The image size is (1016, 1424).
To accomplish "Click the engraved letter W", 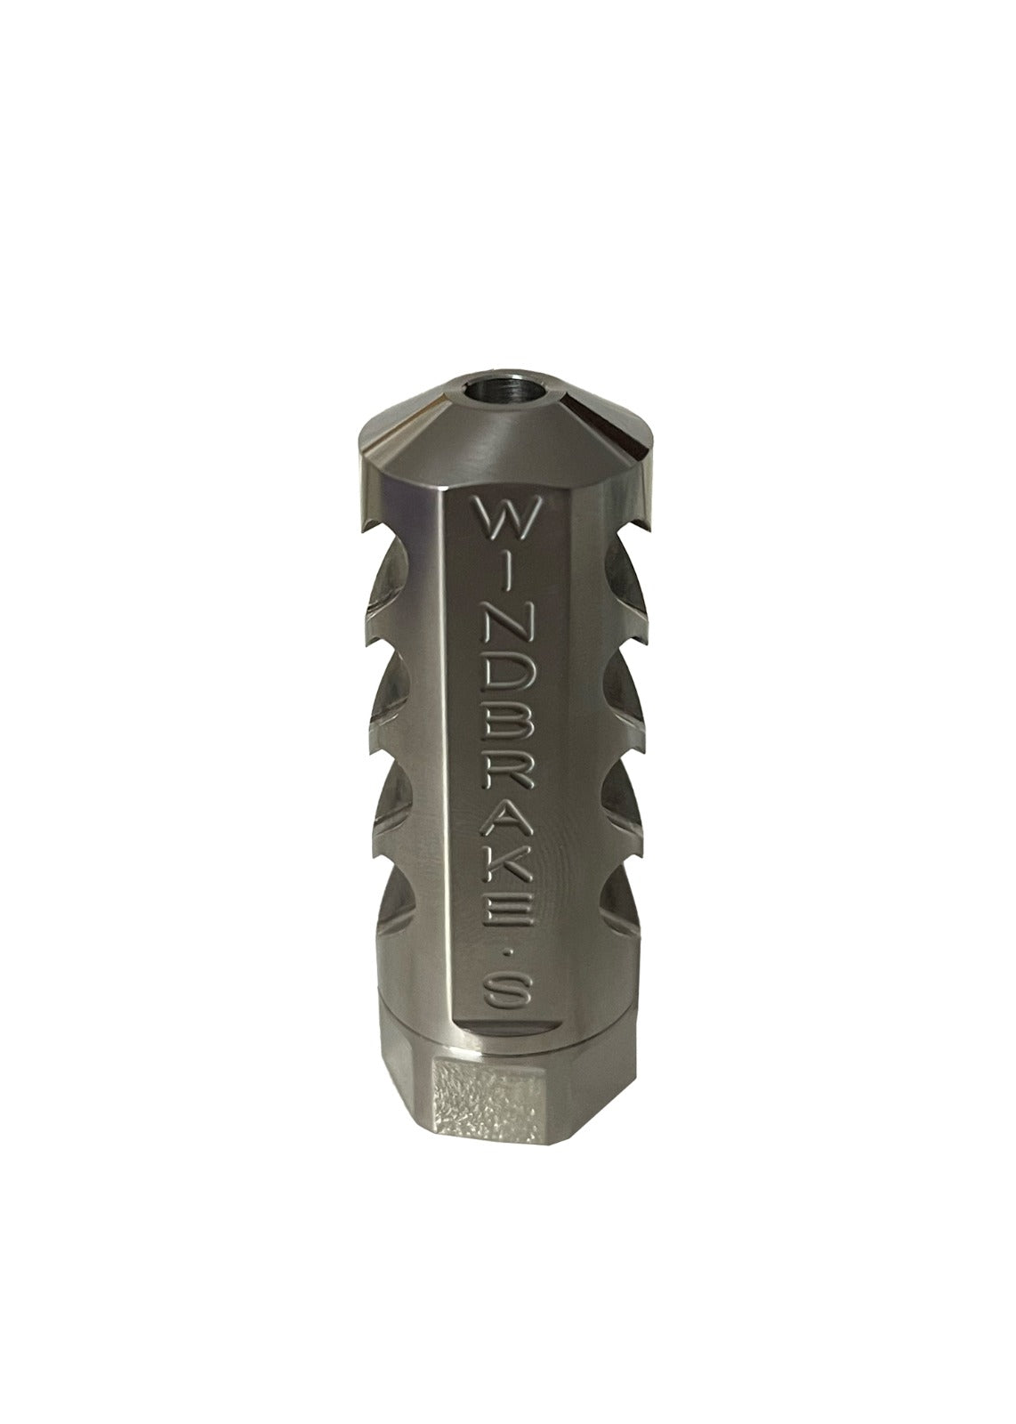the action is [504, 518].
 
